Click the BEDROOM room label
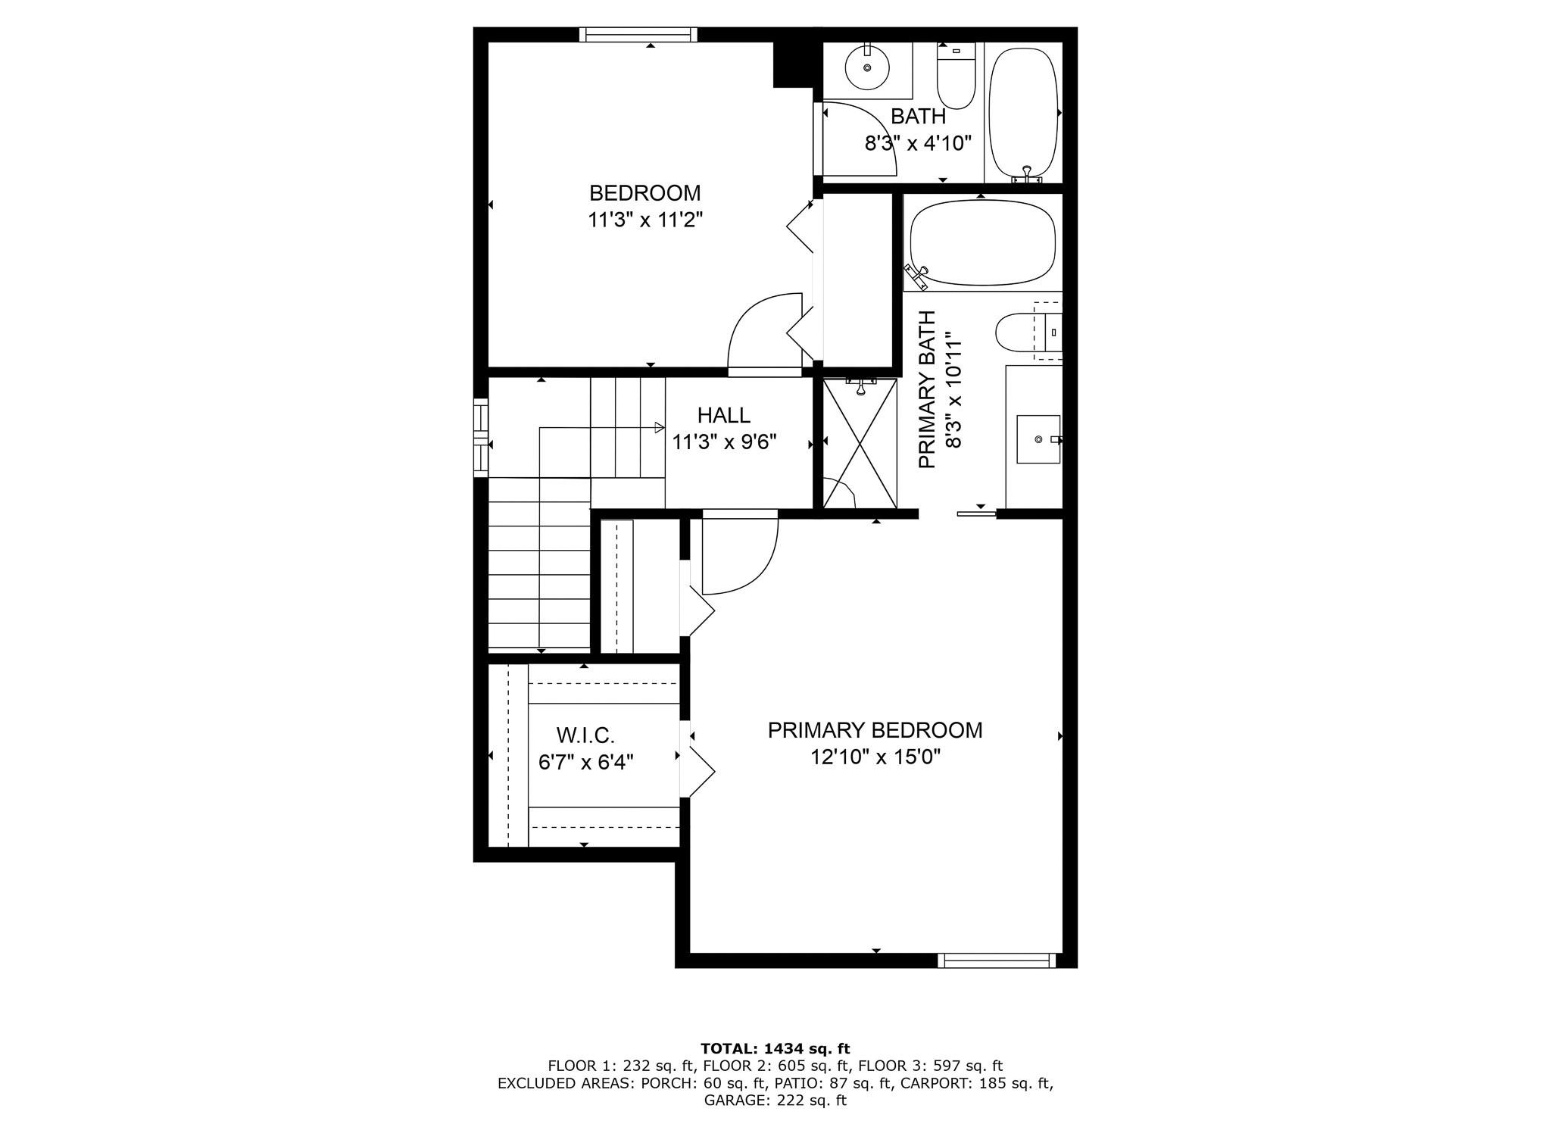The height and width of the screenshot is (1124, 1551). pos(645,192)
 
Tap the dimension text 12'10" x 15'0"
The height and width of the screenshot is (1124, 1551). pos(875,757)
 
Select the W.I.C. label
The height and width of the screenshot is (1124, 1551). pos(585,735)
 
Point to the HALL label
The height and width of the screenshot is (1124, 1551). pos(724,415)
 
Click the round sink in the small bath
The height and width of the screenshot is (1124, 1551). pos(867,67)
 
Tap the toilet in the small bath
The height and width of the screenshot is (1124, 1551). pos(956,75)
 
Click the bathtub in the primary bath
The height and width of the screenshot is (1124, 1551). pos(982,242)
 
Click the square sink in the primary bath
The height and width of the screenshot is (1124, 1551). pos(1038,439)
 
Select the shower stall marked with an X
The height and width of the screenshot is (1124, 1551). pos(860,444)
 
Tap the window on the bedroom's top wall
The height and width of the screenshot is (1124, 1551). pos(638,34)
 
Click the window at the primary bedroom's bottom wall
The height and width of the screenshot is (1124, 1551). pos(997,960)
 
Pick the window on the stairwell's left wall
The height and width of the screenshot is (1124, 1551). pos(481,438)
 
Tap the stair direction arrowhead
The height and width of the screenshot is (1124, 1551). pos(660,427)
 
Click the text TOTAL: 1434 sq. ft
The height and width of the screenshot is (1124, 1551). pos(775,1049)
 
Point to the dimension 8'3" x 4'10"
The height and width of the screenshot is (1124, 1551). pos(918,143)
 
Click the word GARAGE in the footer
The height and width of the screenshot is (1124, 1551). pos(732,1101)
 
